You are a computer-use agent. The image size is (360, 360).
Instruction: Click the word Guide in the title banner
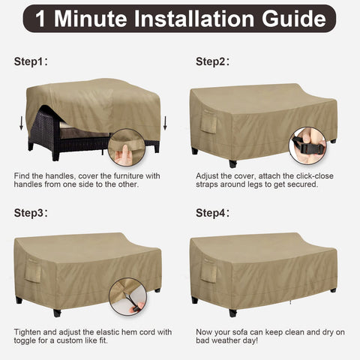[294, 19]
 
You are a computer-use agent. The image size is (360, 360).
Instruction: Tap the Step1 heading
[31, 61]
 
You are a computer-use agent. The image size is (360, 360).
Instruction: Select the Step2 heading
[212, 61]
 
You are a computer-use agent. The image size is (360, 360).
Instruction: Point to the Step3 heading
[31, 213]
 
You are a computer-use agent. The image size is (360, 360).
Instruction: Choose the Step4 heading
[212, 213]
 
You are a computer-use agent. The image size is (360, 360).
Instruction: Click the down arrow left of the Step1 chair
[22, 123]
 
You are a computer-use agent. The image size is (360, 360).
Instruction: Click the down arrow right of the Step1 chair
[165, 123]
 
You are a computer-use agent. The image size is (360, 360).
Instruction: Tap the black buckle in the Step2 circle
[308, 147]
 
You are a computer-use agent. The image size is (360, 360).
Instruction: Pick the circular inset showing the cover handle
[127, 148]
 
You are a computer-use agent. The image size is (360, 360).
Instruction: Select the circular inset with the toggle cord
[127, 296]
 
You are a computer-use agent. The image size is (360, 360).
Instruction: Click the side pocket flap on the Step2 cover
[208, 122]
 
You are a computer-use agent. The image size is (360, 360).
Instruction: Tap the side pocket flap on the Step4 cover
[208, 272]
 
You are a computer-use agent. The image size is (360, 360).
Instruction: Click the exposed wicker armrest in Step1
[44, 125]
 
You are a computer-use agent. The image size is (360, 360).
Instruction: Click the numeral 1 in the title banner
[40, 19]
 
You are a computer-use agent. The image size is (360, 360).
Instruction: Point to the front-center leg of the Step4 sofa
[232, 313]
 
